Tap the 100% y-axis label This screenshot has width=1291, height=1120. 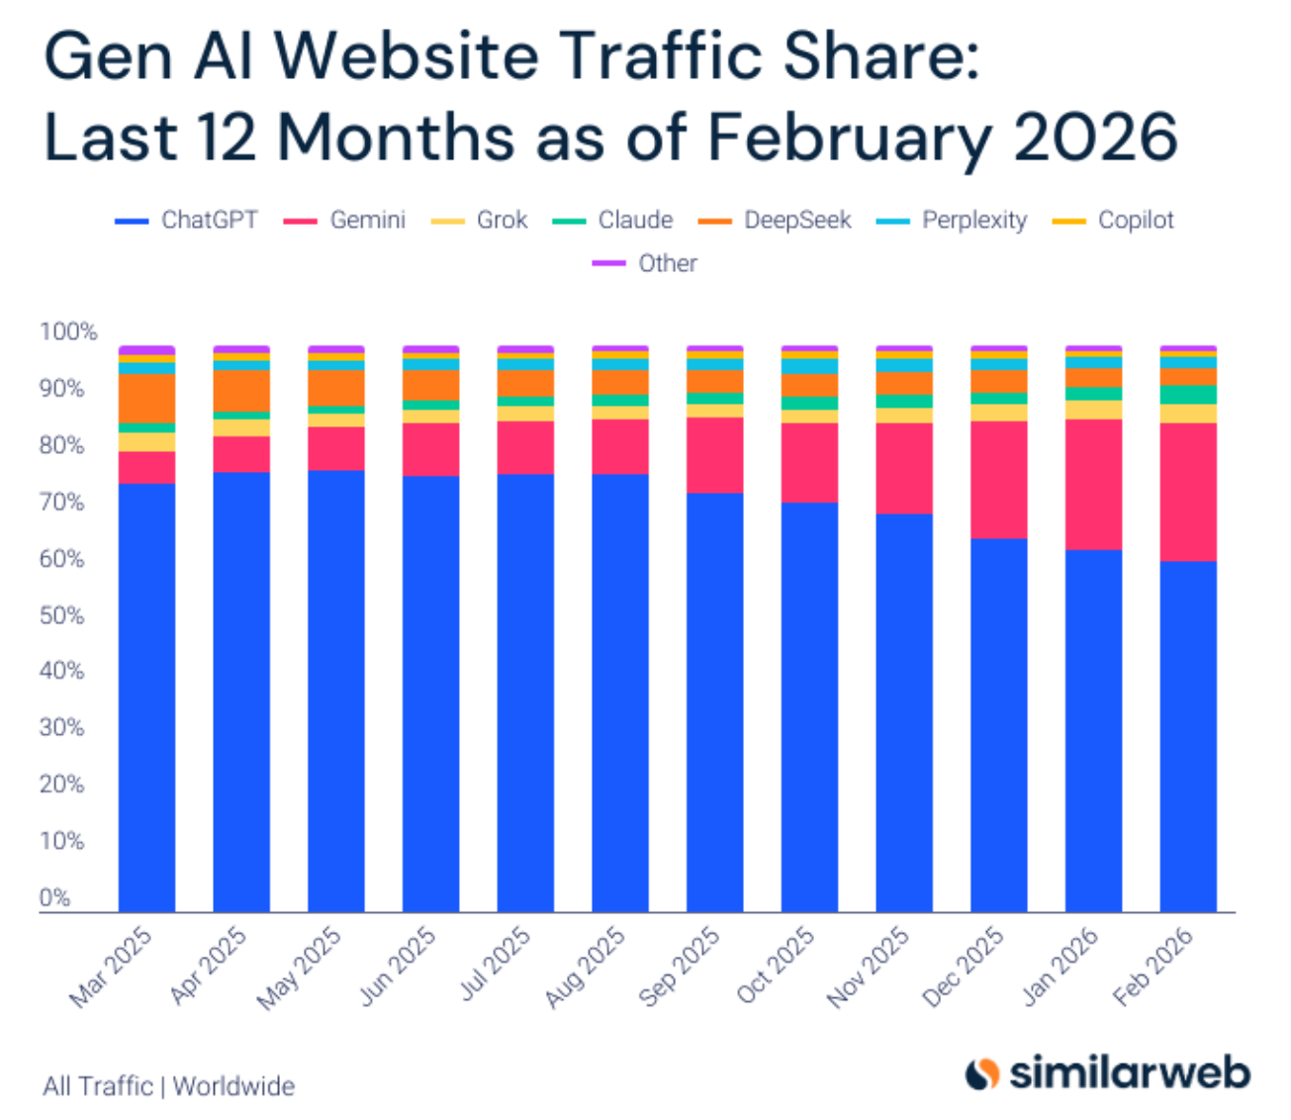click(x=68, y=332)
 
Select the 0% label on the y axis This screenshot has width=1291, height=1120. click(x=55, y=897)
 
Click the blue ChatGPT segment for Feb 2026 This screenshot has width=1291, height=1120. click(x=1188, y=737)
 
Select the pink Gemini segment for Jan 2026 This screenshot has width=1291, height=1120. click(x=1093, y=484)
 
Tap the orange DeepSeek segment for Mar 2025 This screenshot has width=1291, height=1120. click(x=146, y=398)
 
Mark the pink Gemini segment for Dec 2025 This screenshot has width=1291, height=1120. click(x=998, y=480)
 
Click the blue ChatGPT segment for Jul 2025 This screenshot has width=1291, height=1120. click(x=525, y=693)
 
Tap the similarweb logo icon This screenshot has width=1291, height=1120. click(x=982, y=1073)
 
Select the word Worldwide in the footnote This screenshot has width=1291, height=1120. click(x=233, y=1086)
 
